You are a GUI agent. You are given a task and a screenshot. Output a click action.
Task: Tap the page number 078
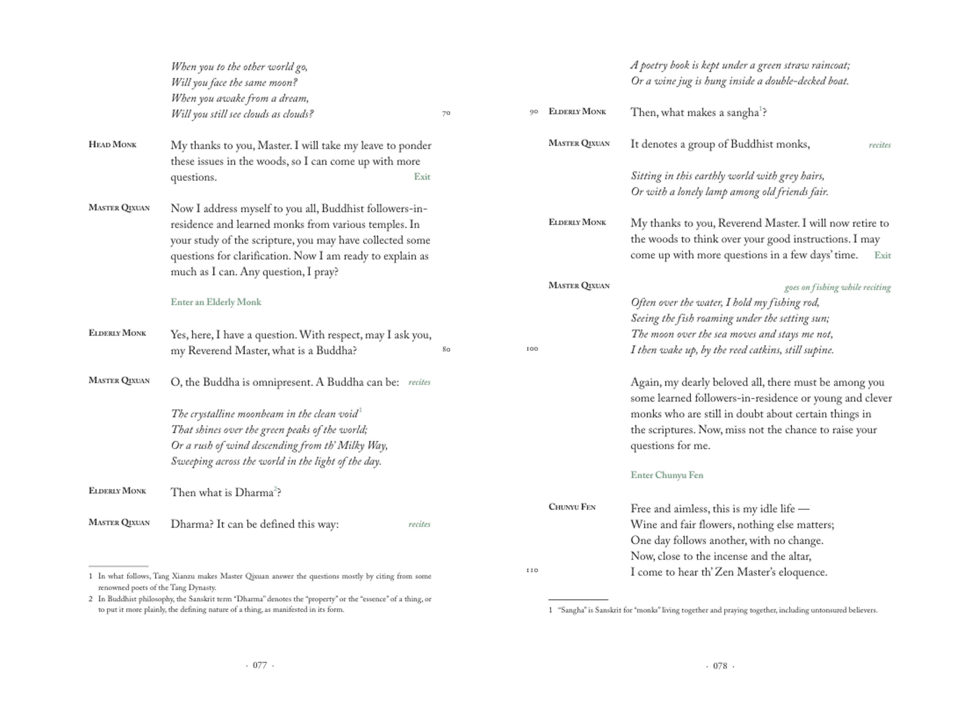pyautogui.click(x=720, y=666)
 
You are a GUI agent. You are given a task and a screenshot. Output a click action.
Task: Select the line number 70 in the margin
pyautogui.click(x=446, y=113)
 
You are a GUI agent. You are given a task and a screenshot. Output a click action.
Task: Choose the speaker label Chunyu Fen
pyautogui.click(x=572, y=507)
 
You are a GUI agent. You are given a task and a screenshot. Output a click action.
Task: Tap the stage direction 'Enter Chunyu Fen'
pyautogui.click(x=667, y=475)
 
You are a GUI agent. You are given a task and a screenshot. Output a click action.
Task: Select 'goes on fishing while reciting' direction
pyautogui.click(x=838, y=287)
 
